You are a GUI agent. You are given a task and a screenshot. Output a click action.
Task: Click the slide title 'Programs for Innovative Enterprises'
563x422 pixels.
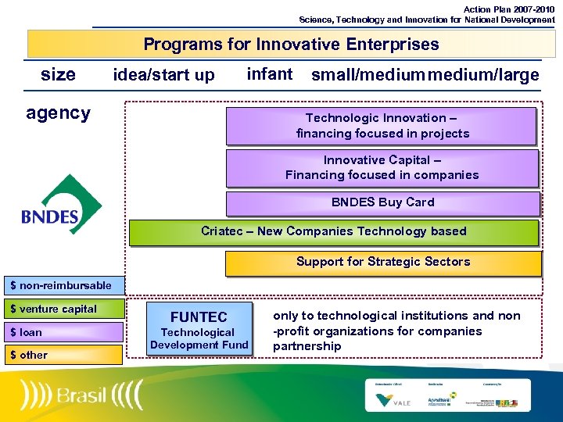(x=291, y=45)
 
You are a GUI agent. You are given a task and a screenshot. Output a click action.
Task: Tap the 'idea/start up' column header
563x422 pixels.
(x=163, y=75)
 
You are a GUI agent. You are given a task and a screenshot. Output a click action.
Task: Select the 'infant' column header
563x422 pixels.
(x=269, y=74)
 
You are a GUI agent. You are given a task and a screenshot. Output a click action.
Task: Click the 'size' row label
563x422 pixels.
(x=58, y=74)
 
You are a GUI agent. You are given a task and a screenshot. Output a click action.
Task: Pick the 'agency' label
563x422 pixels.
(x=58, y=113)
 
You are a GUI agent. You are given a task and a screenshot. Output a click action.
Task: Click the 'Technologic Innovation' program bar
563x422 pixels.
(x=382, y=126)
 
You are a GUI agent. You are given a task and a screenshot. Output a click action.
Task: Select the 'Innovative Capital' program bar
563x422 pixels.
(x=382, y=167)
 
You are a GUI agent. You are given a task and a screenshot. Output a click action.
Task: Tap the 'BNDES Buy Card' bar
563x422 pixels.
(x=382, y=202)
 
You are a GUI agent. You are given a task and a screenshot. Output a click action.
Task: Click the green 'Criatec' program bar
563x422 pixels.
(x=334, y=231)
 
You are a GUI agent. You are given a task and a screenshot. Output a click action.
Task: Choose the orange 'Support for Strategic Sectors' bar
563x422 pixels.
(x=382, y=262)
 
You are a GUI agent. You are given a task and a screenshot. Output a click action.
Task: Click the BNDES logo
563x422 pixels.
(x=61, y=205)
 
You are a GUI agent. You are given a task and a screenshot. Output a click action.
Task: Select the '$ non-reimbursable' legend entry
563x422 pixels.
(x=61, y=285)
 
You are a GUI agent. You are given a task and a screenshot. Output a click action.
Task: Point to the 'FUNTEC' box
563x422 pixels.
(x=199, y=329)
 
